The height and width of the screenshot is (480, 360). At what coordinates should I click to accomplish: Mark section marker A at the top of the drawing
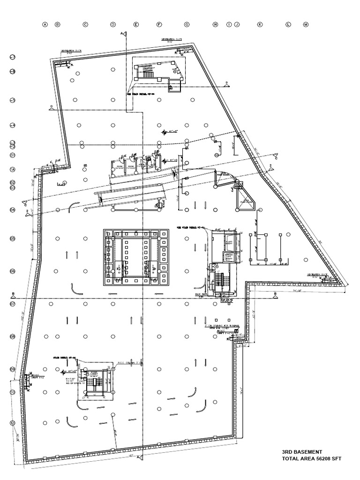click(122, 33)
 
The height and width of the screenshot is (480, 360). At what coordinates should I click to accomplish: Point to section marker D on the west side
click(51, 107)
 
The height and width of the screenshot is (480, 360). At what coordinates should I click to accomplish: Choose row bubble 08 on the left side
click(13, 336)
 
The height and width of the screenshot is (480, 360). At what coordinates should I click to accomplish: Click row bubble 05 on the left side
click(13, 238)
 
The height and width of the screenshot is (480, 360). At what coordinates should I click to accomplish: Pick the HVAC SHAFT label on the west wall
click(37, 376)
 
